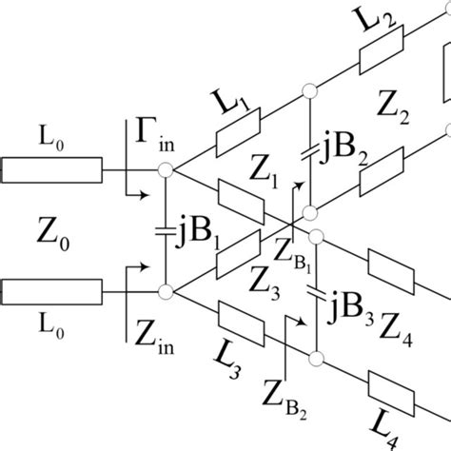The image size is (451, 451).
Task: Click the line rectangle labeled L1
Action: pos(237,132)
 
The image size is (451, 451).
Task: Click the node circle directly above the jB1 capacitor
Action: pos(166,170)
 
